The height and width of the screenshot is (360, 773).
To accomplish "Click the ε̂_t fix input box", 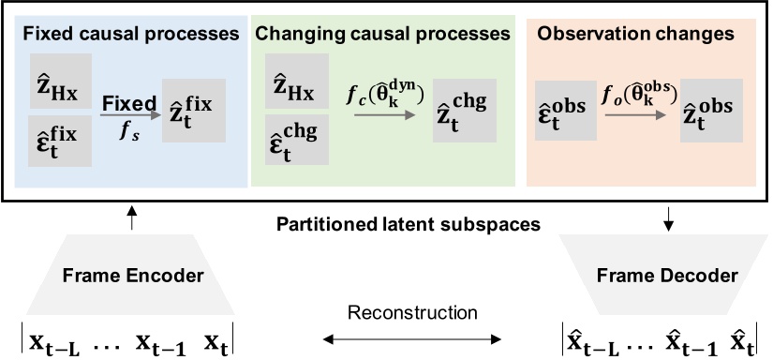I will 60,142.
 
